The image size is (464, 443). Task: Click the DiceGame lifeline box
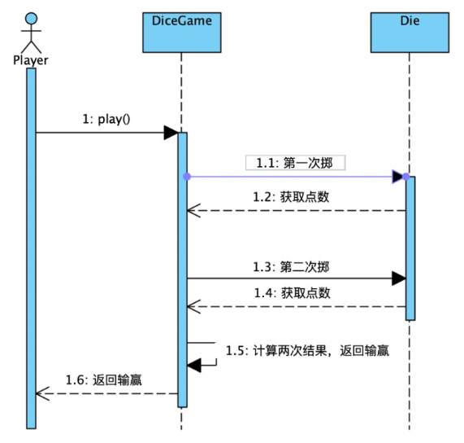tap(182, 33)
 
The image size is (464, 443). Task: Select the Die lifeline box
tap(410, 33)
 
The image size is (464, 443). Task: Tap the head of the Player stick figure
tap(31, 19)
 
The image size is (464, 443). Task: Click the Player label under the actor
tap(31, 60)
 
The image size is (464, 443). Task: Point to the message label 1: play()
tap(106, 119)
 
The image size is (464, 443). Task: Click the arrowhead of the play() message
tap(171, 133)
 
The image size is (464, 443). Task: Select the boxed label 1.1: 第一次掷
tap(295, 163)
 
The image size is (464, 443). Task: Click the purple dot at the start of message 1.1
tap(187, 177)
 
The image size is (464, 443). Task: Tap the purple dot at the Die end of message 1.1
tap(406, 177)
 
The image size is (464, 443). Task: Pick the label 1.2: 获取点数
tap(291, 197)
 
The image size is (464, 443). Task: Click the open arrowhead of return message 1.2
tap(194, 211)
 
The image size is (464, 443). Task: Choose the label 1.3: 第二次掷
tap(291, 267)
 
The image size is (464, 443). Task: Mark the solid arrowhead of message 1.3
tap(399, 279)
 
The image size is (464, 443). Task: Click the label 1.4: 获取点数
tap(293, 293)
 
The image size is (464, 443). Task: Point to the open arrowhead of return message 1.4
tap(194, 307)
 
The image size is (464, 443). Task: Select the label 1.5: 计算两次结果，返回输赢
tap(307, 350)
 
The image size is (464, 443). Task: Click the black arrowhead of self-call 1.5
tap(194, 365)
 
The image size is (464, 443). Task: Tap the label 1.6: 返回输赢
tap(104, 380)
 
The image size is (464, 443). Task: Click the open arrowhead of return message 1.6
tap(42, 394)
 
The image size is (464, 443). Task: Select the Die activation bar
tap(410, 248)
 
